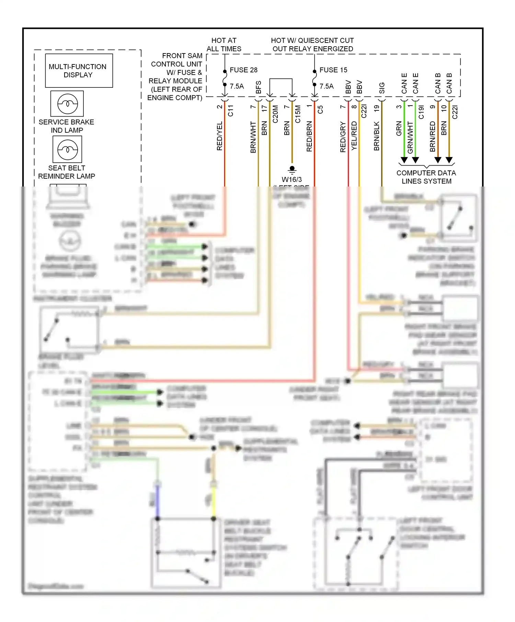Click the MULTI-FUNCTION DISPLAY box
(79, 71)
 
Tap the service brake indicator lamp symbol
(67, 104)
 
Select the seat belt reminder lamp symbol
(67, 149)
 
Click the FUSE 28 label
(243, 70)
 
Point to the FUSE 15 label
(333, 70)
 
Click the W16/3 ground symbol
(292, 169)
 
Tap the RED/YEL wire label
(220, 136)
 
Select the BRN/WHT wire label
(253, 137)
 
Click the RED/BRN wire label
(309, 136)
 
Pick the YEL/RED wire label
(354, 136)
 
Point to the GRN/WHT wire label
(410, 137)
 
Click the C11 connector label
(230, 110)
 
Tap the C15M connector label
(298, 114)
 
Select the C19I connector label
(421, 112)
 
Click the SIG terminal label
(382, 88)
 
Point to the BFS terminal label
(259, 87)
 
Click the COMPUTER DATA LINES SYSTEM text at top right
(426, 177)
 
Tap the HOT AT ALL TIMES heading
(224, 45)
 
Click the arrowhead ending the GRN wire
(404, 160)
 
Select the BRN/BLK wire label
(377, 136)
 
